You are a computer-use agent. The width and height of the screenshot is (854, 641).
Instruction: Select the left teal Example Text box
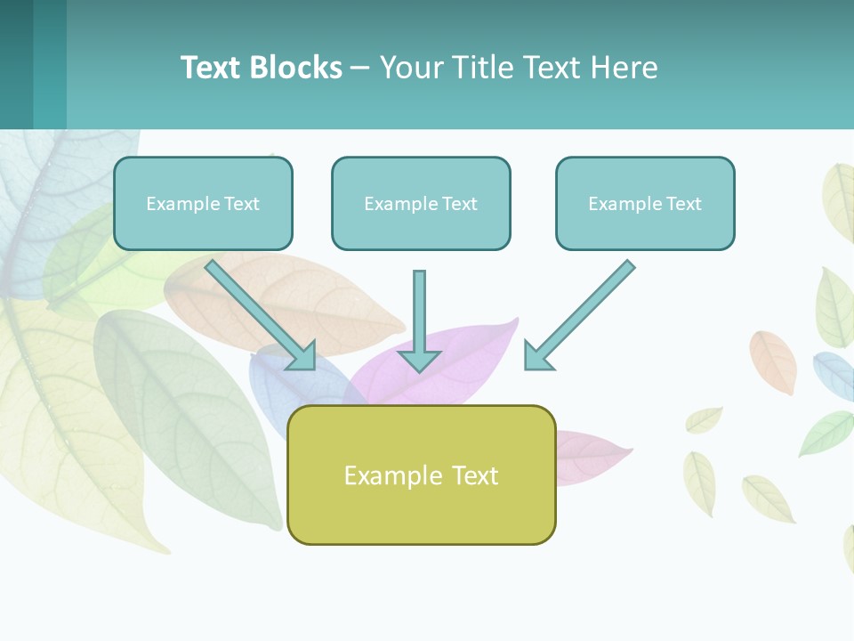click(203, 203)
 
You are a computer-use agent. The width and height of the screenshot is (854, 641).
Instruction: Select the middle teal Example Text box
click(421, 203)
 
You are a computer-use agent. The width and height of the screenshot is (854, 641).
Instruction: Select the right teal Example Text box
click(645, 203)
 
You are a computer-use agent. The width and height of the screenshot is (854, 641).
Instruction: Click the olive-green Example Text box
click(421, 475)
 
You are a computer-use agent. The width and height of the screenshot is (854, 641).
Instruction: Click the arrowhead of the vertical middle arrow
click(419, 360)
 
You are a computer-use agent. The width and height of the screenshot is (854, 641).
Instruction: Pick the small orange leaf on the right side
click(774, 361)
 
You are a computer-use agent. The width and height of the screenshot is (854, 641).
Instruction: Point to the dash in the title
click(360, 68)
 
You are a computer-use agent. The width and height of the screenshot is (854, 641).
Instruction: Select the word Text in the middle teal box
click(459, 203)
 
